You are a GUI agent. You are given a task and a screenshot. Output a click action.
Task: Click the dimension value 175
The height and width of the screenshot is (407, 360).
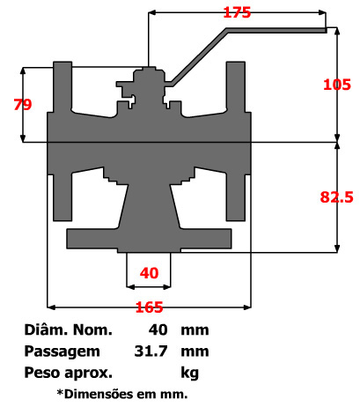tap(237, 13)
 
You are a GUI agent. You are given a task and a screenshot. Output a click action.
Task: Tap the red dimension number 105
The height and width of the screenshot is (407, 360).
tap(337, 85)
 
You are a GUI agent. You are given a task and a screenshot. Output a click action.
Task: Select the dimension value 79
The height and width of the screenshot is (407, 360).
tap(23, 104)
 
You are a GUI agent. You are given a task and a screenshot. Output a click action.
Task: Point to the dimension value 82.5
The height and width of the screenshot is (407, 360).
tap(336, 198)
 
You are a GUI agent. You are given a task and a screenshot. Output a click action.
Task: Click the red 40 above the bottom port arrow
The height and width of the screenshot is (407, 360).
tap(150, 273)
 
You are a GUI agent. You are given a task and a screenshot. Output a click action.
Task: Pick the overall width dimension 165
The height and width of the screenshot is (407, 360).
tap(149, 307)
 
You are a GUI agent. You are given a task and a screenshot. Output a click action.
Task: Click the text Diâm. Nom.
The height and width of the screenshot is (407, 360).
tap(69, 331)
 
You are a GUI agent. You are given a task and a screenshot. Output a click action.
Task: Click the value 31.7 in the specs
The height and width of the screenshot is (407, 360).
tap(152, 351)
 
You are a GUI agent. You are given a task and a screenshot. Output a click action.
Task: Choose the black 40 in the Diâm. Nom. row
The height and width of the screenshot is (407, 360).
tap(158, 331)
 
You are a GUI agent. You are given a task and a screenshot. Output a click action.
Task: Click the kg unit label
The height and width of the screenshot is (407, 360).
tap(190, 372)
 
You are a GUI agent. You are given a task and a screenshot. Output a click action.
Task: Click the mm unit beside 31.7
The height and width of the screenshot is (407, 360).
tap(195, 351)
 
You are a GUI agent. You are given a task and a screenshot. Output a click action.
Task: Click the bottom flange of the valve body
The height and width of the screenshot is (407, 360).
tap(150, 238)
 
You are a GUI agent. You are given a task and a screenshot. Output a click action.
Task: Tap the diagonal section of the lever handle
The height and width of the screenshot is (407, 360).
tap(199, 57)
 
